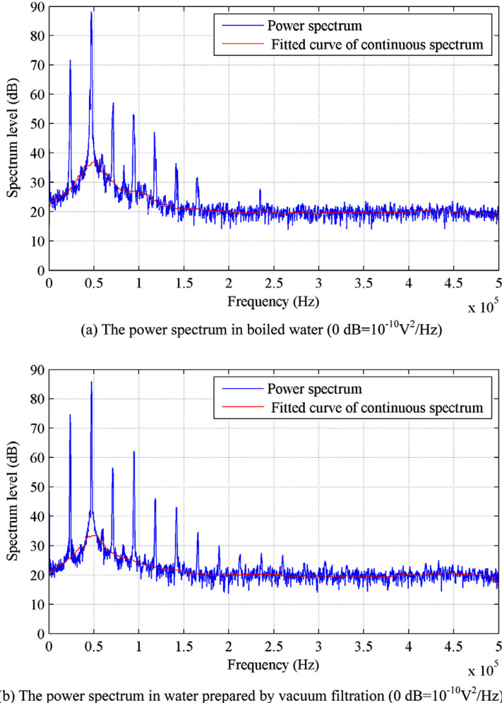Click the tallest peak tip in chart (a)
click(91, 12)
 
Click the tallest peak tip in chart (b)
click(91, 382)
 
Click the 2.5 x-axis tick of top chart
click(273, 282)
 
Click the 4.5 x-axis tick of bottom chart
click(453, 645)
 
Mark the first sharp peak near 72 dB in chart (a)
click(70, 61)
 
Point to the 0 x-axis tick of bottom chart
click(49, 645)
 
